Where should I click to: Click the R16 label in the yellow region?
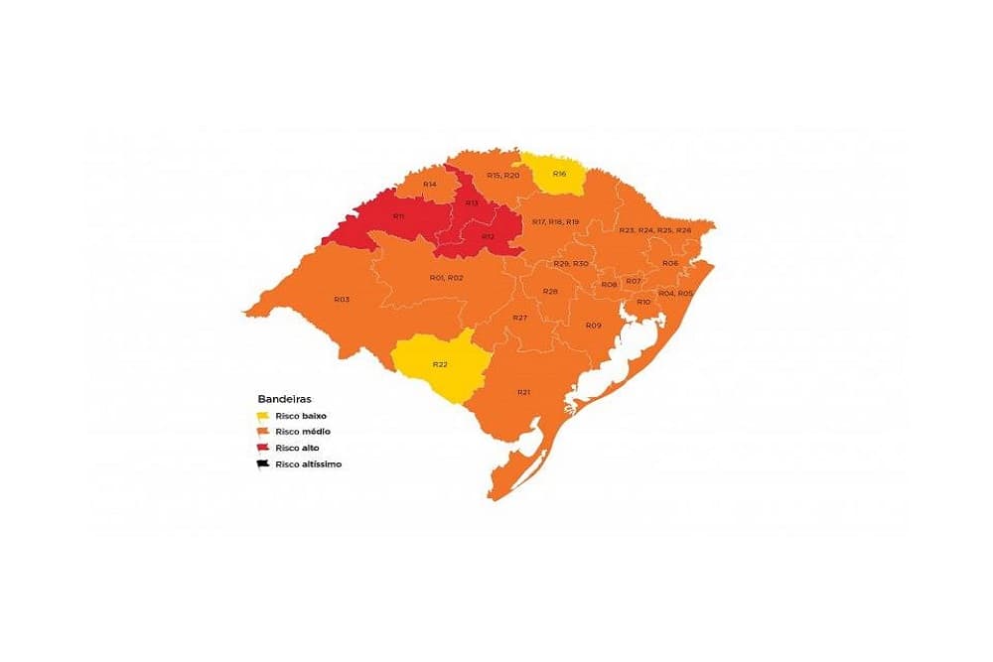click(559, 174)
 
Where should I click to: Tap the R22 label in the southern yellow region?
click(439, 364)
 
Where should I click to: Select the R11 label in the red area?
click(398, 216)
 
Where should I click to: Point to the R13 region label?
click(472, 203)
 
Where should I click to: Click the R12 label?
click(488, 236)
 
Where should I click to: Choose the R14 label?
click(430, 185)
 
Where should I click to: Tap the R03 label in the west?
click(341, 299)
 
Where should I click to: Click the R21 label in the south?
click(523, 392)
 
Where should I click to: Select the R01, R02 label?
click(446, 277)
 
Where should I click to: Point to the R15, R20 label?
click(502, 175)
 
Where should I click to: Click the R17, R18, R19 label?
click(555, 221)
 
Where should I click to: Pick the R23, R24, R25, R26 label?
click(654, 230)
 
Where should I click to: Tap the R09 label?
click(593, 326)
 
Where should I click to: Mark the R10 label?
click(643, 302)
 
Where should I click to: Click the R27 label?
click(519, 318)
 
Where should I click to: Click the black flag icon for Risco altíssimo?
click(263, 463)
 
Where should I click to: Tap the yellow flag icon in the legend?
click(263, 416)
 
